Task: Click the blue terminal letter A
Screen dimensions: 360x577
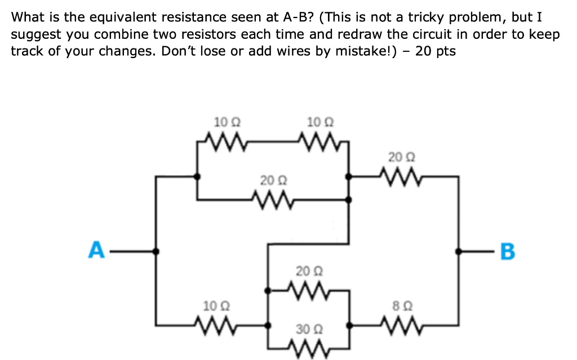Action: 96,250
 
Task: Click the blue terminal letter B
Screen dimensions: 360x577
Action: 507,251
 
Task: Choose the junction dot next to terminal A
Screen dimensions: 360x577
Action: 156,251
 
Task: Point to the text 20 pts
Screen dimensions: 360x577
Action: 435,51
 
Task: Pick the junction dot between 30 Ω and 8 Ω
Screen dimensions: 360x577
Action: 350,325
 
